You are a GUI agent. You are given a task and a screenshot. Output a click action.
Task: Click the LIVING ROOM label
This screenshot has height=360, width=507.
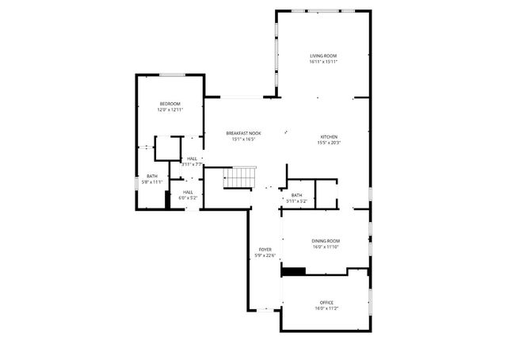(323, 56)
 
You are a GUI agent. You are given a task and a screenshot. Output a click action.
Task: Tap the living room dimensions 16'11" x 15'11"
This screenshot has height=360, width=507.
(323, 62)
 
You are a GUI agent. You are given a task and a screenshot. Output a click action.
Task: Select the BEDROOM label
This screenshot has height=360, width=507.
(170, 104)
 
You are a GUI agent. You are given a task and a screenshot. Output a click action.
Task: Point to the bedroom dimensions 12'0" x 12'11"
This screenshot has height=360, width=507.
(170, 110)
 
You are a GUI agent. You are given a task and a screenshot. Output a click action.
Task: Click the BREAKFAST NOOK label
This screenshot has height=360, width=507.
(243, 132)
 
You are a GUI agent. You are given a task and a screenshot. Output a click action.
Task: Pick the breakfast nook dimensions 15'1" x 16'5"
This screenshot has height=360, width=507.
(243, 139)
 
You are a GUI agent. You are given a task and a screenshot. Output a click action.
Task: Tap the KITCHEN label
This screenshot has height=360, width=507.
(328, 136)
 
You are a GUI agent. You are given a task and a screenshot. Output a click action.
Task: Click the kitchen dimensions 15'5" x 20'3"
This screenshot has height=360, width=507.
(328, 143)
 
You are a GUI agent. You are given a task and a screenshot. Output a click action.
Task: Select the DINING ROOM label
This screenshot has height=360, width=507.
(326, 240)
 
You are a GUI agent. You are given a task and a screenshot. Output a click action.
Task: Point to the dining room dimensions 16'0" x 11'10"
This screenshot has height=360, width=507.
(326, 247)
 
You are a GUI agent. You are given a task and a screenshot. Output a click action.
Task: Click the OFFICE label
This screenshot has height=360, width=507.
(326, 302)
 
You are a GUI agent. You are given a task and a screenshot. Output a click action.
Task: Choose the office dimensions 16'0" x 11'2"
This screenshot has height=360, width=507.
(326, 308)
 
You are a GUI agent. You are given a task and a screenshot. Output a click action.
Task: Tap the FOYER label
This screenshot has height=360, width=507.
(265, 249)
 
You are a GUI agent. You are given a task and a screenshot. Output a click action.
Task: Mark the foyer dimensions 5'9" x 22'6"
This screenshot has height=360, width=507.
(265, 255)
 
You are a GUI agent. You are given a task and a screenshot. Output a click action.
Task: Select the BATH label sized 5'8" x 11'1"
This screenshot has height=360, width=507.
(151, 176)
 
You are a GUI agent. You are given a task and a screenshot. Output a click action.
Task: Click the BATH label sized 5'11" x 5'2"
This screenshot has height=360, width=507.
(296, 195)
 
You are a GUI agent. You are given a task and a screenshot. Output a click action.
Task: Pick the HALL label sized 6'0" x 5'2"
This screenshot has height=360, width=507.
(188, 191)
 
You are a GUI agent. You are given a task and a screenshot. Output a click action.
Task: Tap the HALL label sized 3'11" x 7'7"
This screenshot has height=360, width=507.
(193, 159)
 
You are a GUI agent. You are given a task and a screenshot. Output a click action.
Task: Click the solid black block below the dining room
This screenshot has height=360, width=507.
(294, 272)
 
